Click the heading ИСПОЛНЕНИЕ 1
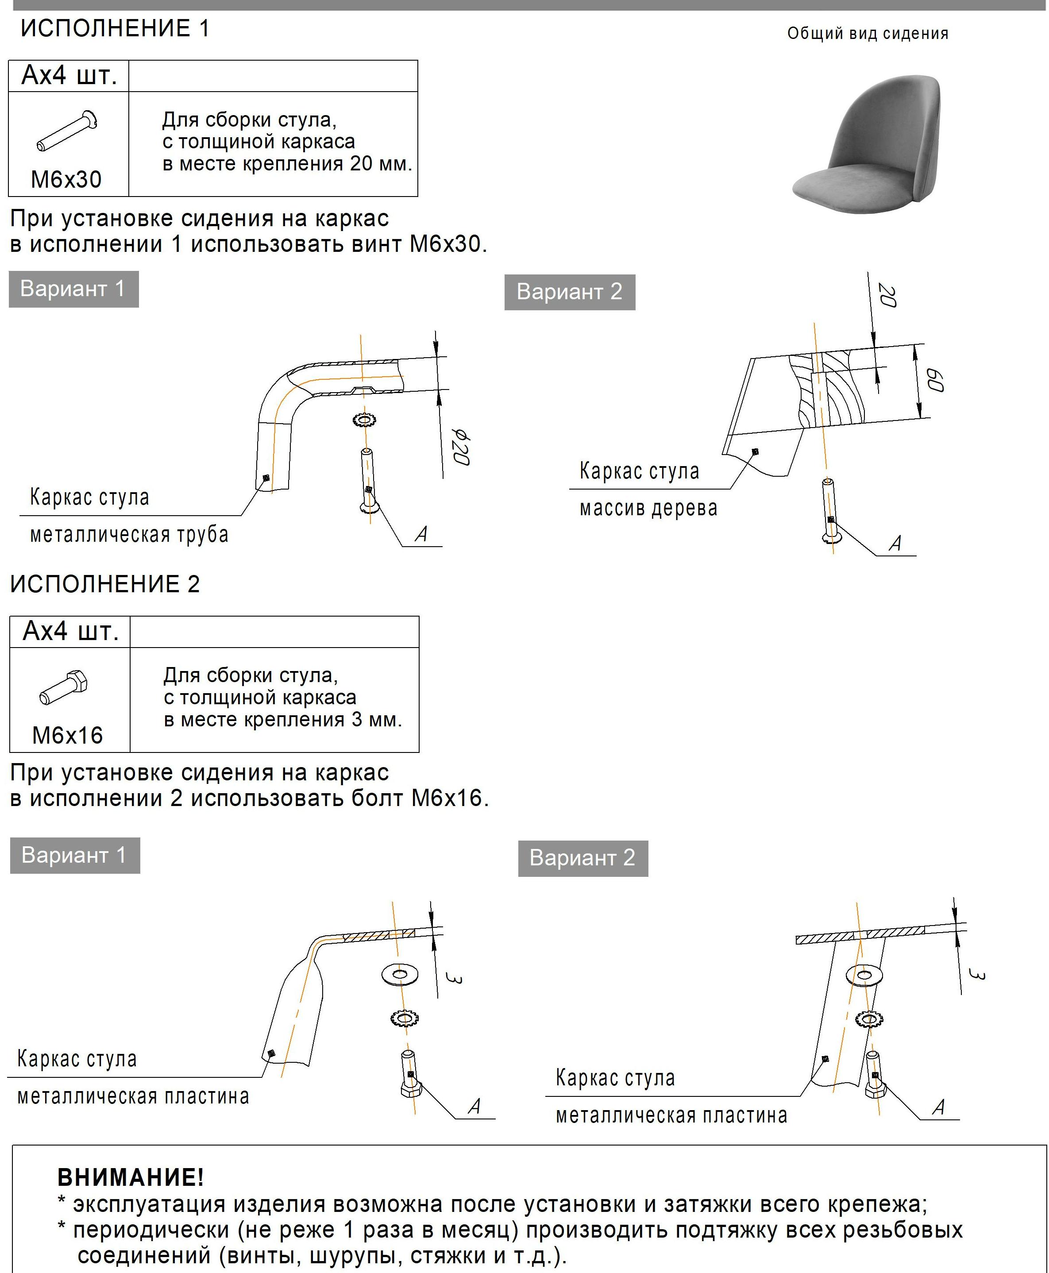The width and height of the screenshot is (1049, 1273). (x=115, y=28)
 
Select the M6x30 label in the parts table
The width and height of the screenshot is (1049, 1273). (x=66, y=179)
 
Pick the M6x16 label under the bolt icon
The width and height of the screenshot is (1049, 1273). (x=68, y=735)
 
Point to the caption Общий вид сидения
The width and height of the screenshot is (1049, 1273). (x=867, y=34)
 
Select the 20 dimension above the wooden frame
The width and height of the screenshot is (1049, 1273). (x=887, y=295)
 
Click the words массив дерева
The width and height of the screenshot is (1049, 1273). (x=648, y=508)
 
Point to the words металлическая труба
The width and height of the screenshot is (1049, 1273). (x=129, y=535)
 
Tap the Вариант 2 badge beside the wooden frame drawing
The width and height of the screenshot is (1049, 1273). (x=569, y=292)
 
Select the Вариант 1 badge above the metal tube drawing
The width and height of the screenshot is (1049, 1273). (x=73, y=289)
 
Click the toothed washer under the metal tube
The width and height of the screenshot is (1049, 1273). (x=364, y=419)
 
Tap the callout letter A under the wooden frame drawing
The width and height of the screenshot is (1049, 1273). (x=895, y=543)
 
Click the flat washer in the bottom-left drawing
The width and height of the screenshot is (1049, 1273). (x=399, y=974)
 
